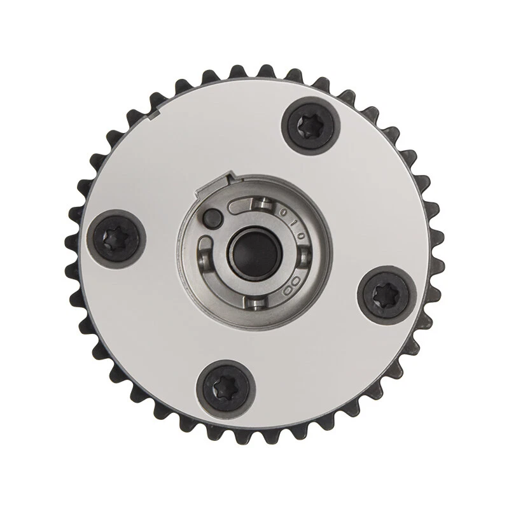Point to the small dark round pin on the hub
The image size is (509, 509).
[212, 218]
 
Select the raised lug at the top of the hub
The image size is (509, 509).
[263, 204]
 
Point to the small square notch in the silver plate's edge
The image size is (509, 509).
[155, 115]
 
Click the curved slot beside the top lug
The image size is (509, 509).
[240, 207]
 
